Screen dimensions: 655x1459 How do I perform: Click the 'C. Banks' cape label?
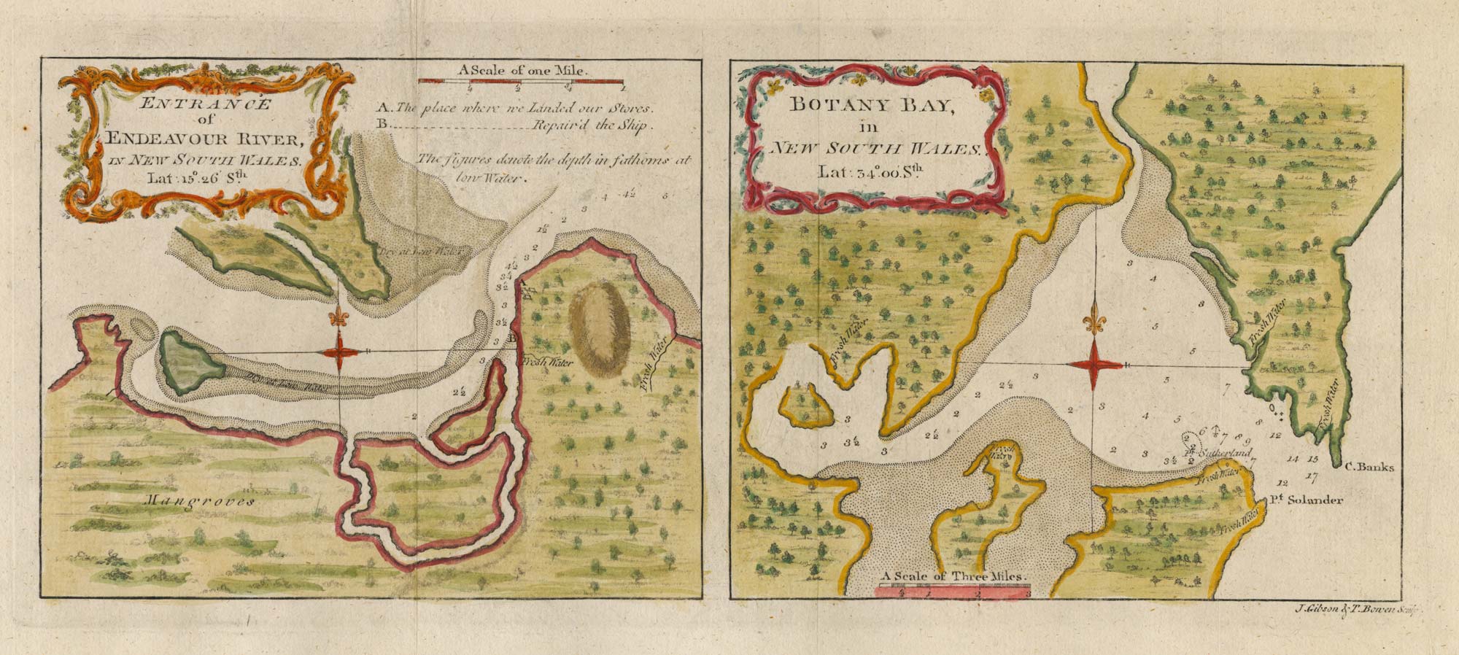1369,468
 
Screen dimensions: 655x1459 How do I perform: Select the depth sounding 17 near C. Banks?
1312,477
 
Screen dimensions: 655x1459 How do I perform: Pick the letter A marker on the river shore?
522,277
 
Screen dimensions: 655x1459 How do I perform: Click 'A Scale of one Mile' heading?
523,71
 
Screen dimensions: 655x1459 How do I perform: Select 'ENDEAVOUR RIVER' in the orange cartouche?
201,139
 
